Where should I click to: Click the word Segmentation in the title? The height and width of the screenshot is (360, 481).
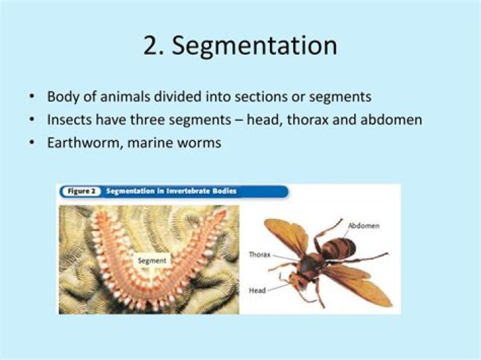pyautogui.click(x=255, y=46)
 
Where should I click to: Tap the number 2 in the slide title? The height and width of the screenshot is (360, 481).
pyautogui.click(x=151, y=45)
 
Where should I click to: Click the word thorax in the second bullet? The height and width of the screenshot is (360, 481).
pyautogui.click(x=308, y=120)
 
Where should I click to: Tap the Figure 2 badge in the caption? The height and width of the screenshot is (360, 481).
pyautogui.click(x=81, y=191)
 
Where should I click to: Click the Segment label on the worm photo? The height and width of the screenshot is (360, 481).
pyautogui.click(x=152, y=260)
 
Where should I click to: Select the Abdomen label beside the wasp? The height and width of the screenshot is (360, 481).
pyautogui.click(x=364, y=226)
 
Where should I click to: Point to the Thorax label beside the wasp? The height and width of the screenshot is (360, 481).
pyautogui.click(x=259, y=254)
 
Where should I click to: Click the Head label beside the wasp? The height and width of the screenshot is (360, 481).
pyautogui.click(x=257, y=291)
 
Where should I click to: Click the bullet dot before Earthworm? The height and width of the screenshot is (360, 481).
pyautogui.click(x=31, y=143)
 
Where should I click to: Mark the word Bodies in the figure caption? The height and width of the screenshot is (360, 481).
pyautogui.click(x=225, y=191)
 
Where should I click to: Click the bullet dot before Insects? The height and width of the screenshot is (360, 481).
pyautogui.click(x=31, y=120)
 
